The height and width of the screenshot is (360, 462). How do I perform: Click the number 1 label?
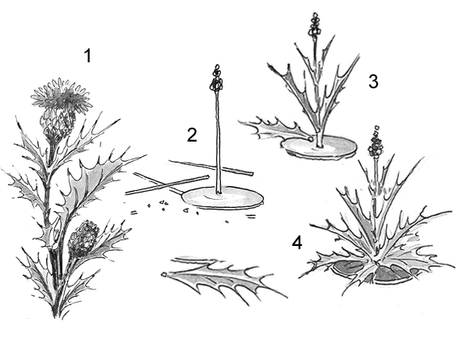click(88, 56)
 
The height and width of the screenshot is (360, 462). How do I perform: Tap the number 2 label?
click(192, 135)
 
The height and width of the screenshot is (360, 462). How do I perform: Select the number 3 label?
click(373, 82)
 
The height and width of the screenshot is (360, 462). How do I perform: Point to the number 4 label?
click(297, 244)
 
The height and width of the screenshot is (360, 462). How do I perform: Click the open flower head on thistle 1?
click(61, 95)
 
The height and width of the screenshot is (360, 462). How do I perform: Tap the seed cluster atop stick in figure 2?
click(217, 78)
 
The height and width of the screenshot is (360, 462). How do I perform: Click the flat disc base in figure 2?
click(223, 197)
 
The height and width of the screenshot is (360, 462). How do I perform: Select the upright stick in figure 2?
click(218, 142)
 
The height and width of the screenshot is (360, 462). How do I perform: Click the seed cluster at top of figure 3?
click(314, 24)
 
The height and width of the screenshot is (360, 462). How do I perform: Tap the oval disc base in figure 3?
click(319, 146)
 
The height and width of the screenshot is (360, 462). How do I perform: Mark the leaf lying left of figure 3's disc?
click(274, 129)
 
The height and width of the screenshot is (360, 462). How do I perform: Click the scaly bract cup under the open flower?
click(57, 122)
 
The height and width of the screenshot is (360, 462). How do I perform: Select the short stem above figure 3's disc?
click(319, 138)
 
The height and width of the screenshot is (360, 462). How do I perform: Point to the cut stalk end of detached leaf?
click(163, 274)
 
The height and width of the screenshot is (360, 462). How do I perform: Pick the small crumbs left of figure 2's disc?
click(165, 206)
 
